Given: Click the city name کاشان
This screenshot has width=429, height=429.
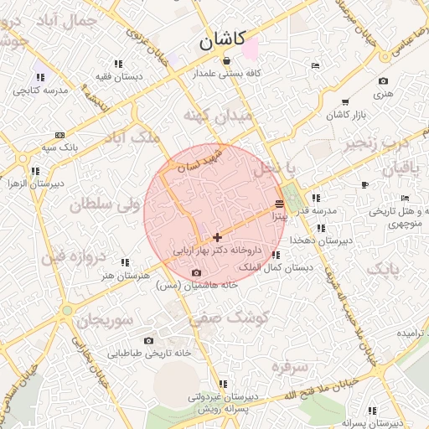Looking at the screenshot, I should pyautogui.click(x=222, y=39).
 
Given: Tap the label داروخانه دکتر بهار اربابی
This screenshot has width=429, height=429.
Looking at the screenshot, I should pyautogui.click(x=218, y=250).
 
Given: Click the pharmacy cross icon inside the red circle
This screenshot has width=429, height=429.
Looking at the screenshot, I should pyautogui.click(x=218, y=238).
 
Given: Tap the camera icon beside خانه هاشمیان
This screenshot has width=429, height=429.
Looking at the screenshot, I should pyautogui.click(x=196, y=272).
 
